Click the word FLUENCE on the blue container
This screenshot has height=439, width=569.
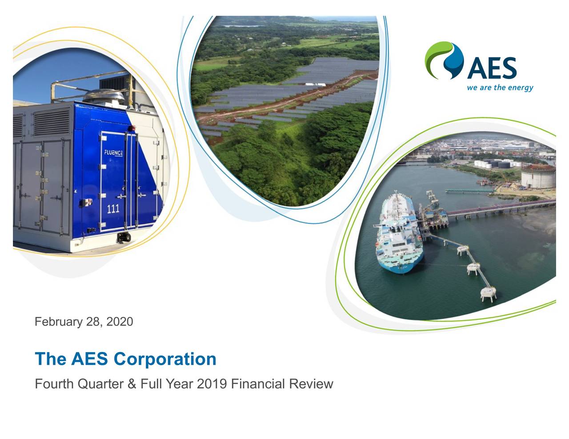pos(114,153)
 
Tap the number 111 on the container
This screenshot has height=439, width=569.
pos(113,208)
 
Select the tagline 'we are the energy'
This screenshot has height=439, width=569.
pos(500,87)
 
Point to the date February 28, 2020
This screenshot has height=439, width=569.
pos(84,322)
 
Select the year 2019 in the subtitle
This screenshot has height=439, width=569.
pos(212,384)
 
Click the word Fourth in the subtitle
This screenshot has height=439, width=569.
pos(54,384)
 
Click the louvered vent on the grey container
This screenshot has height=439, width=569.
pos(52,122)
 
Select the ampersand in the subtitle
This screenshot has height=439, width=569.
pos(132,384)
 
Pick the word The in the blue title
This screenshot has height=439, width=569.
pos(50,359)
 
